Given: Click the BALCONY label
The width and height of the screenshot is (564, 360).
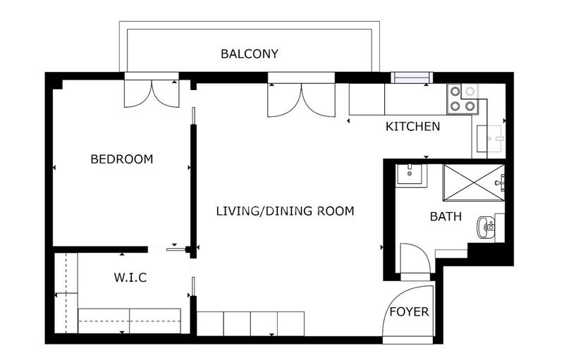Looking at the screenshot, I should pos(250,54).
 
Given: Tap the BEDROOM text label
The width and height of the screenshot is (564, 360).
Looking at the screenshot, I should pos(122,159).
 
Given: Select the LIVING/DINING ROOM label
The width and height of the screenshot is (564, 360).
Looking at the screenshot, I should pos(285,211).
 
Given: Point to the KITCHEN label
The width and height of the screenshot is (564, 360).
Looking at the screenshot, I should pos(412,127).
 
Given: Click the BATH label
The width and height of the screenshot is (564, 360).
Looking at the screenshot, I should pos(446,216).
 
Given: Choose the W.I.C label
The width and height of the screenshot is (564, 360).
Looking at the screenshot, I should pos(130,278).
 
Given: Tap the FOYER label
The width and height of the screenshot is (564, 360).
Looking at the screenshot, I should pos(409,311).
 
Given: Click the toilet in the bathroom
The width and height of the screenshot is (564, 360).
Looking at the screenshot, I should pos(487,226).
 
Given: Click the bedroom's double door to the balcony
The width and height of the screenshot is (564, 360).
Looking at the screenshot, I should pos(152,92).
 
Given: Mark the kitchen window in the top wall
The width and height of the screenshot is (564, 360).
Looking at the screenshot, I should pos(412,77).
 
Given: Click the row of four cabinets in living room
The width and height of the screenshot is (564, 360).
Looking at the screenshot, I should pos(250,323).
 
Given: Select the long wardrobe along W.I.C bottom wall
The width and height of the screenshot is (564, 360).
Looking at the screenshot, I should pos(130,320).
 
